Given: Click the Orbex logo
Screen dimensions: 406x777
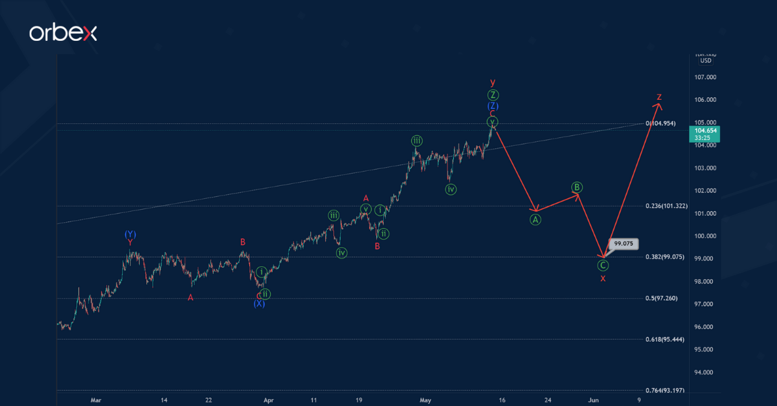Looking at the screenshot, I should [x=63, y=33].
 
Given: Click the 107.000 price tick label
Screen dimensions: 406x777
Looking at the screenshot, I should [x=705, y=77].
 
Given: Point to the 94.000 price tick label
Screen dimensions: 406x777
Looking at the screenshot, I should [x=705, y=372].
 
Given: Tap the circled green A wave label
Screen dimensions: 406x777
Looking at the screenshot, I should [x=535, y=220].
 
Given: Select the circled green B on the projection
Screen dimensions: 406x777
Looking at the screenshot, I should [x=576, y=188].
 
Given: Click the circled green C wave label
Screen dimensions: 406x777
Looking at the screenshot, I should [x=603, y=265].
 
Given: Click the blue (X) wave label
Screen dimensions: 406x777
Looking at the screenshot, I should [x=259, y=304].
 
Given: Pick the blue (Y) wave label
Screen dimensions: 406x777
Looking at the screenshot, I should [x=130, y=234].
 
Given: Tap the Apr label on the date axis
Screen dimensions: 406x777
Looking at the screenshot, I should [x=269, y=400].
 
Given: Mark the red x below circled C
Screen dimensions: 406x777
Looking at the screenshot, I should [x=603, y=278].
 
